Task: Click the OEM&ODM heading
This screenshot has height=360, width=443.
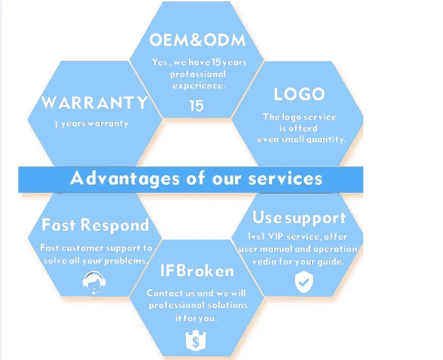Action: pos(197,40)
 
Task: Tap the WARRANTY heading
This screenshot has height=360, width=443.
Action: pos(95,103)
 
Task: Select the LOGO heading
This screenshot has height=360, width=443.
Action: pos(299,94)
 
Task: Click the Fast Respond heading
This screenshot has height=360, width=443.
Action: pos(95,225)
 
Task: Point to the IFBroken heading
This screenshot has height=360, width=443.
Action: pos(197,271)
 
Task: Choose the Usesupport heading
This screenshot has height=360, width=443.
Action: pos(299,218)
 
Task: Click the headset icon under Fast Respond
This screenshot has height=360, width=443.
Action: pos(95,282)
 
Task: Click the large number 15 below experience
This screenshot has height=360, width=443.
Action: pos(196,106)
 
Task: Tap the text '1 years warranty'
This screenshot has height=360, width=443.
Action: pos(91,124)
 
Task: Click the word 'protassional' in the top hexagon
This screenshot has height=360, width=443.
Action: pos(198,74)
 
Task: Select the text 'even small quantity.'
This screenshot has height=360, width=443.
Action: pos(301,140)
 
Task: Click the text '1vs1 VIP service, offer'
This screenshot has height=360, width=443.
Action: pos(298,236)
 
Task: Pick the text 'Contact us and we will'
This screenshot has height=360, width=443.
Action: pos(196,293)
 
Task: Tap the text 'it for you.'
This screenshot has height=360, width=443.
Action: pos(196,318)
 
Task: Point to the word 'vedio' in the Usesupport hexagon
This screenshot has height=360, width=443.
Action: pos(264,261)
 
